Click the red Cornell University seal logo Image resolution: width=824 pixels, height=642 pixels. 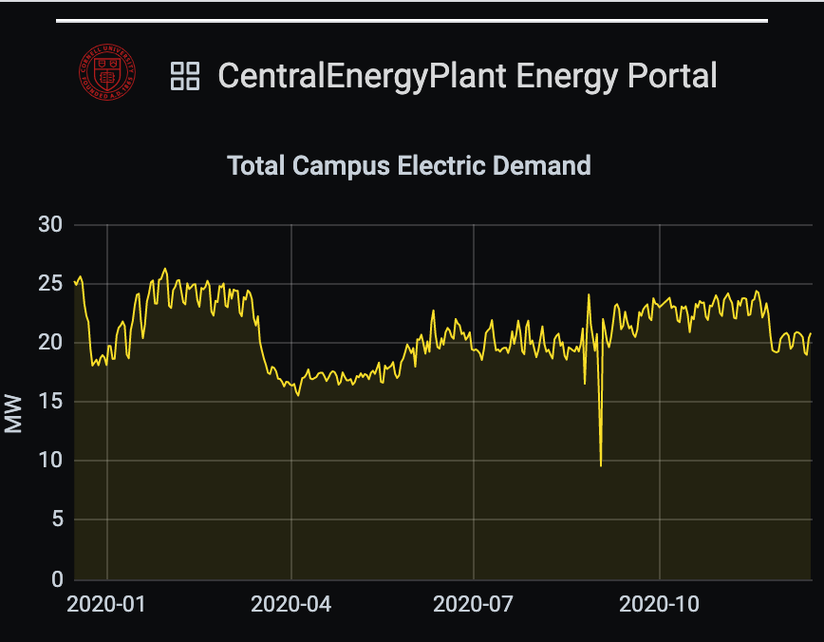click(107, 75)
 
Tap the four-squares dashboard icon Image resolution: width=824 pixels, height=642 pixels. click(184, 76)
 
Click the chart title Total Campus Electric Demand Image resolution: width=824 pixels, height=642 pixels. click(409, 165)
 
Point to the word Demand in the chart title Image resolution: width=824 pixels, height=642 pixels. click(548, 165)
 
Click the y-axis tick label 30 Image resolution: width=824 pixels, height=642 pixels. click(49, 225)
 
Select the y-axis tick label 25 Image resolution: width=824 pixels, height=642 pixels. click(49, 284)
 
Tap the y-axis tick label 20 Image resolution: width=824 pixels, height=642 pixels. click(49, 343)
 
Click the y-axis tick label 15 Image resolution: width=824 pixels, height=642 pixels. click(49, 402)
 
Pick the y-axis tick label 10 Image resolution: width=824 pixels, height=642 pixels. click(49, 462)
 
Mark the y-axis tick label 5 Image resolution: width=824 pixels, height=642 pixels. click(55, 520)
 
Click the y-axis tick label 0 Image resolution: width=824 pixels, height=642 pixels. click(55, 579)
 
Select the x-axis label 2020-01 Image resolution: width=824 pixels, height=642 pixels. click(106, 604)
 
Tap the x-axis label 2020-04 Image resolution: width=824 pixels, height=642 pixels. click(290, 604)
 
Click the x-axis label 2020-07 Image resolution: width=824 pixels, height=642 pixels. click(474, 604)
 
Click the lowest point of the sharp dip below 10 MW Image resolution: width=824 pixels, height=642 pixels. click(601, 465)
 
